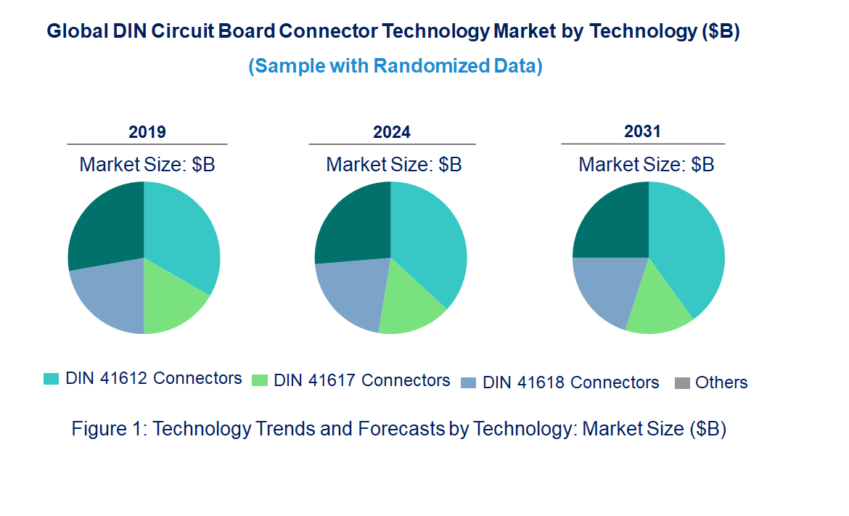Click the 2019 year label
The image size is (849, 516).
coord(147,132)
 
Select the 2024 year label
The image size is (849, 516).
coord(392,132)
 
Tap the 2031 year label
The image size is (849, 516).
coord(643,131)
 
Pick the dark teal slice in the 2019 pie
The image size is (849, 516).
coord(106,225)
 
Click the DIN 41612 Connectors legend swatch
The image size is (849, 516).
coord(51,379)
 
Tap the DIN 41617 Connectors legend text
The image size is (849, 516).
coord(361,380)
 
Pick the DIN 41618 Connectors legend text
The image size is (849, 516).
coord(570,382)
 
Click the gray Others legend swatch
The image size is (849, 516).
coord(682,383)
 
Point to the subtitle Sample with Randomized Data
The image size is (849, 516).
coord(395,66)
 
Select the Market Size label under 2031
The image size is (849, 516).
coord(646,165)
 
